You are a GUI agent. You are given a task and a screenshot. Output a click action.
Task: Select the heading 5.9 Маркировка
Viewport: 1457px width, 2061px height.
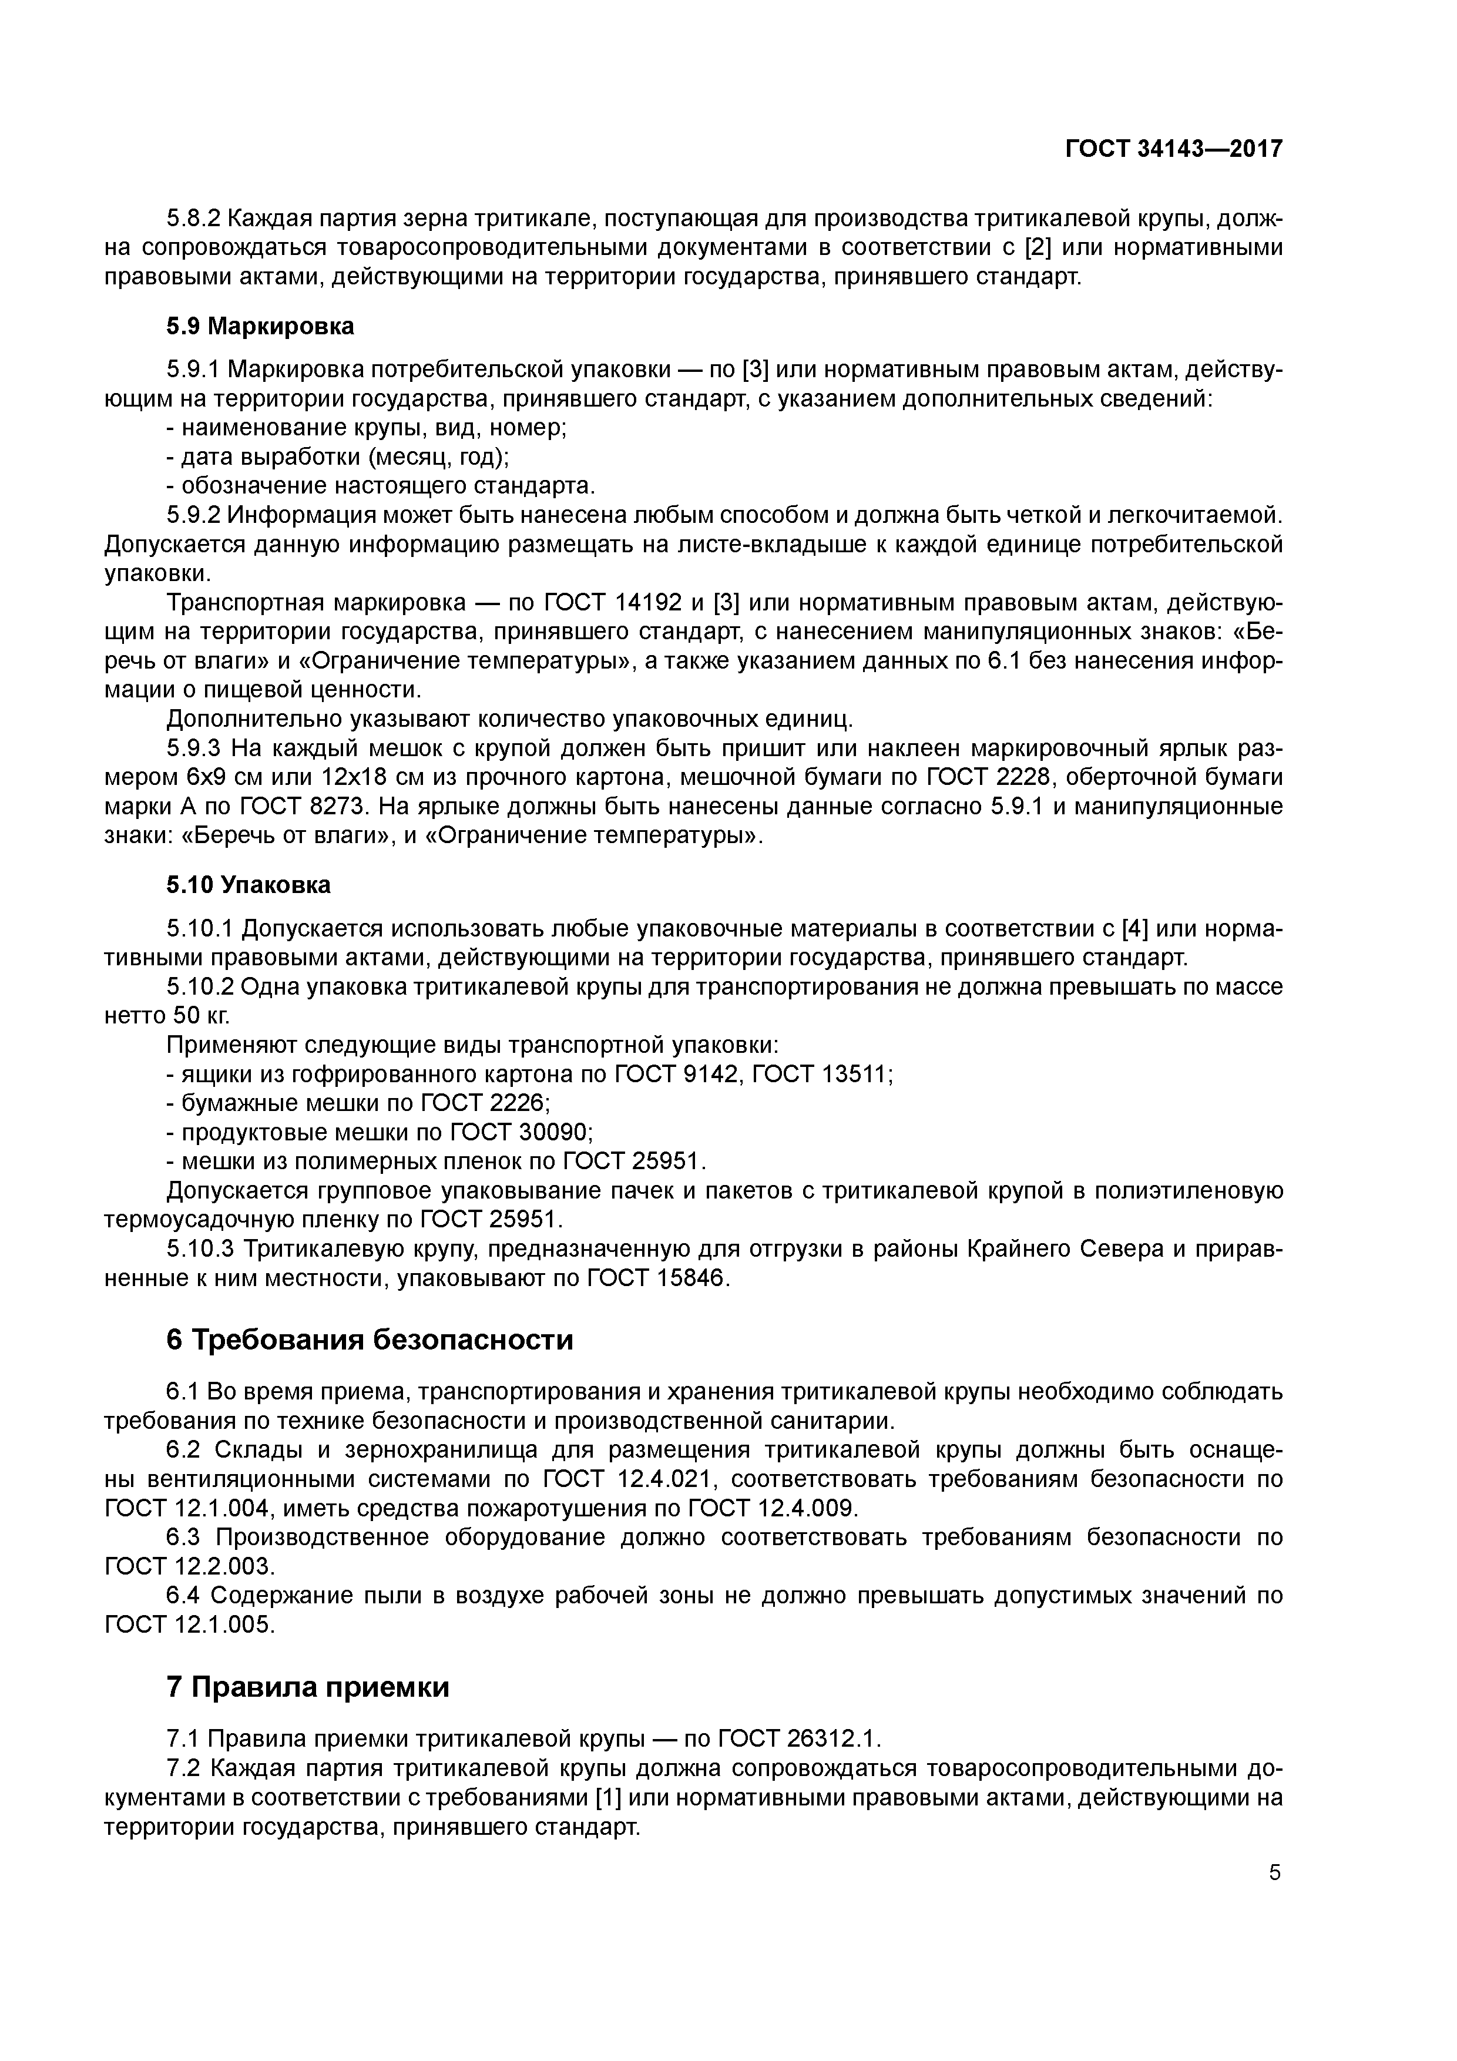(260, 327)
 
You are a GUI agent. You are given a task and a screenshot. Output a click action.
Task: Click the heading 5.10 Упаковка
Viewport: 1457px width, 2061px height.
(249, 885)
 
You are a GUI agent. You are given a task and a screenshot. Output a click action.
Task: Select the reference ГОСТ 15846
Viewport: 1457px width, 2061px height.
(658, 1278)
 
